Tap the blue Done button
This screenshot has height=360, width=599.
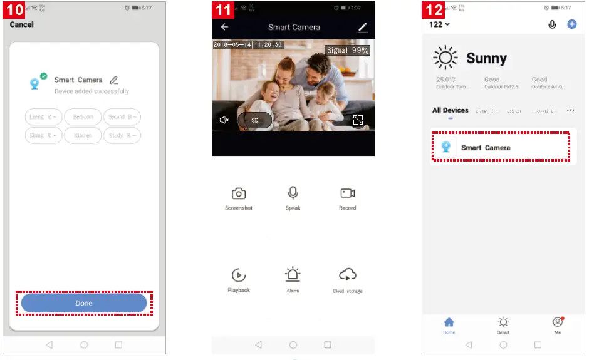click(84, 303)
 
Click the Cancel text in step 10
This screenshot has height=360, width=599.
click(22, 24)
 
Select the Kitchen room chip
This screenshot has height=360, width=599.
click(83, 135)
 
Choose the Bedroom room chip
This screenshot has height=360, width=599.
click(83, 117)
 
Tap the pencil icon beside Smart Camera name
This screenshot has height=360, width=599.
click(113, 80)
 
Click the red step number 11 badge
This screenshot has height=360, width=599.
click(222, 11)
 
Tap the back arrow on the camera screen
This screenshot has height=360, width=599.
click(224, 27)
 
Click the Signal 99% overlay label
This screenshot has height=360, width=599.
click(347, 50)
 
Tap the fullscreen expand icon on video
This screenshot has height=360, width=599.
click(358, 120)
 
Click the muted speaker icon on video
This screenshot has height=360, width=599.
click(224, 120)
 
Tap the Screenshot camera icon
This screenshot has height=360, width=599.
click(238, 193)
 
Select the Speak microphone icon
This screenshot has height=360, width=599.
click(293, 193)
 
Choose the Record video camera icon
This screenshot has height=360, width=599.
click(348, 193)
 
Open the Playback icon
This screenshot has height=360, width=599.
click(238, 275)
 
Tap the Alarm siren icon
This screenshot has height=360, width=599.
click(293, 274)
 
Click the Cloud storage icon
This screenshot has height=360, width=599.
click(348, 274)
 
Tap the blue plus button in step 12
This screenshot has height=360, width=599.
click(571, 24)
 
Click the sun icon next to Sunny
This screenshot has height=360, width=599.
click(445, 58)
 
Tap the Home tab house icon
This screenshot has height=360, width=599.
click(449, 322)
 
